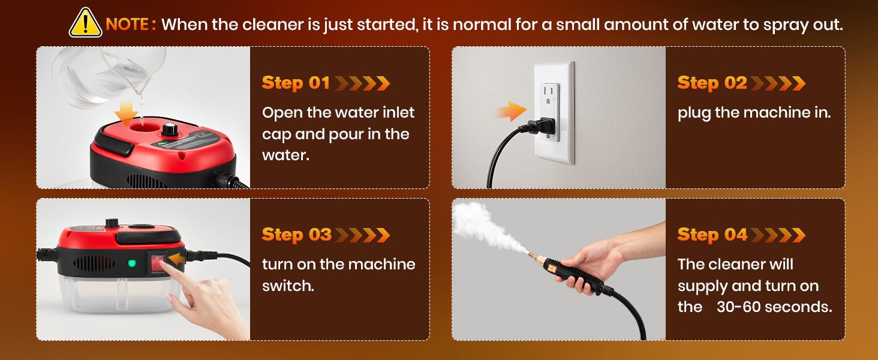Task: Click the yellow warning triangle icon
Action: point(85,24)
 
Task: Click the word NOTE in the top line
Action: point(127,25)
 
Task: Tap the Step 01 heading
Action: point(296,83)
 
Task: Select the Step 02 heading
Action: point(712,83)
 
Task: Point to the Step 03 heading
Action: point(296,235)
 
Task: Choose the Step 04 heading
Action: point(712,235)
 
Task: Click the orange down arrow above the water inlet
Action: point(126,113)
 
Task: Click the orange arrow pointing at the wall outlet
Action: point(509,112)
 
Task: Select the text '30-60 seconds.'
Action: point(774,307)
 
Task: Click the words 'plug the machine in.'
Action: point(754,112)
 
